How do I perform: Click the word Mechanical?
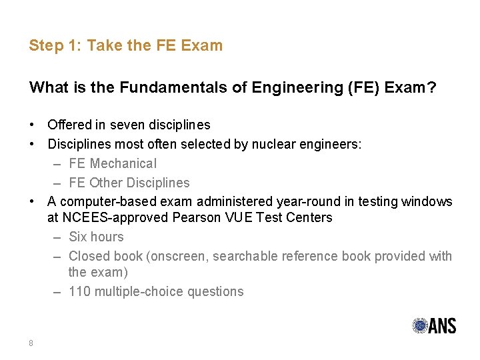point(123,163)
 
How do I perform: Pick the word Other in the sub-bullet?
point(107,183)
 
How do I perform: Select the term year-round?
point(289,201)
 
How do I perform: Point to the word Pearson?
point(196,218)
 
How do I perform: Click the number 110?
point(80,291)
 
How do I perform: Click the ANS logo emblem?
point(420,325)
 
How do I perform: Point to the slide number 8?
point(31,343)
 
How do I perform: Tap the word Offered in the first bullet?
point(69,125)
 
